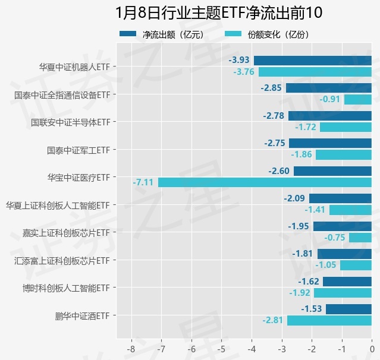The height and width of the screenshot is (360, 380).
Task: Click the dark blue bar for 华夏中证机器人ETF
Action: coord(312,61)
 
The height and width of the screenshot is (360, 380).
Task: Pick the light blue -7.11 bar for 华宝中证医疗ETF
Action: coord(265,182)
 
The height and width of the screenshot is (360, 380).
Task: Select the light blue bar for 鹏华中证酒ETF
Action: coord(329,320)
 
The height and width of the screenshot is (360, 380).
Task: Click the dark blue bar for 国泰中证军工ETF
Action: coord(330,143)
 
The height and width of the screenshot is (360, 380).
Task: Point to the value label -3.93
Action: coord(240,61)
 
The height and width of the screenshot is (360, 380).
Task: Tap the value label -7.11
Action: coord(145,182)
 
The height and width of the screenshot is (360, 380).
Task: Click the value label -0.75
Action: coord(335,238)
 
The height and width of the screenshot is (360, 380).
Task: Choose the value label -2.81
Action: coord(273,320)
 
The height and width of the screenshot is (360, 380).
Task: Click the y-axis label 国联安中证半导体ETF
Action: coord(71,122)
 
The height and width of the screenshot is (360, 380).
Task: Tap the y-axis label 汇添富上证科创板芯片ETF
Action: coord(62,260)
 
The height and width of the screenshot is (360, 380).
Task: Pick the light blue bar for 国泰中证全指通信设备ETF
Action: coord(357,99)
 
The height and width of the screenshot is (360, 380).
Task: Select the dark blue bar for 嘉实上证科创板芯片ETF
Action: coord(342,226)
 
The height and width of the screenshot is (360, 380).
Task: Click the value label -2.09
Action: coord(295,198)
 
